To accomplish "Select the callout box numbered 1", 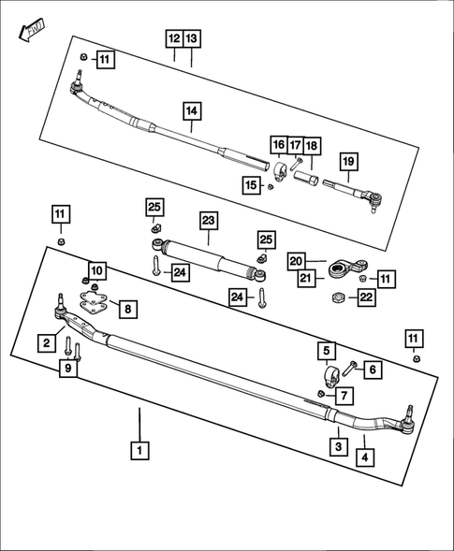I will coord(139,451).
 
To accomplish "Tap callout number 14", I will coord(191,111).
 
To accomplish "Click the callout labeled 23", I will coord(208,222).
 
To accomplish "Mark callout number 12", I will coord(174,39).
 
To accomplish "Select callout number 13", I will coord(191,39).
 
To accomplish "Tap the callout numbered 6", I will coord(372,370).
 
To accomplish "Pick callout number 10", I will coord(98,270).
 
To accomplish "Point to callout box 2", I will coord(46,343).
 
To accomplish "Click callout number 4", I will coord(365,457).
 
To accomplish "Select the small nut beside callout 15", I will coord(270,186).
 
